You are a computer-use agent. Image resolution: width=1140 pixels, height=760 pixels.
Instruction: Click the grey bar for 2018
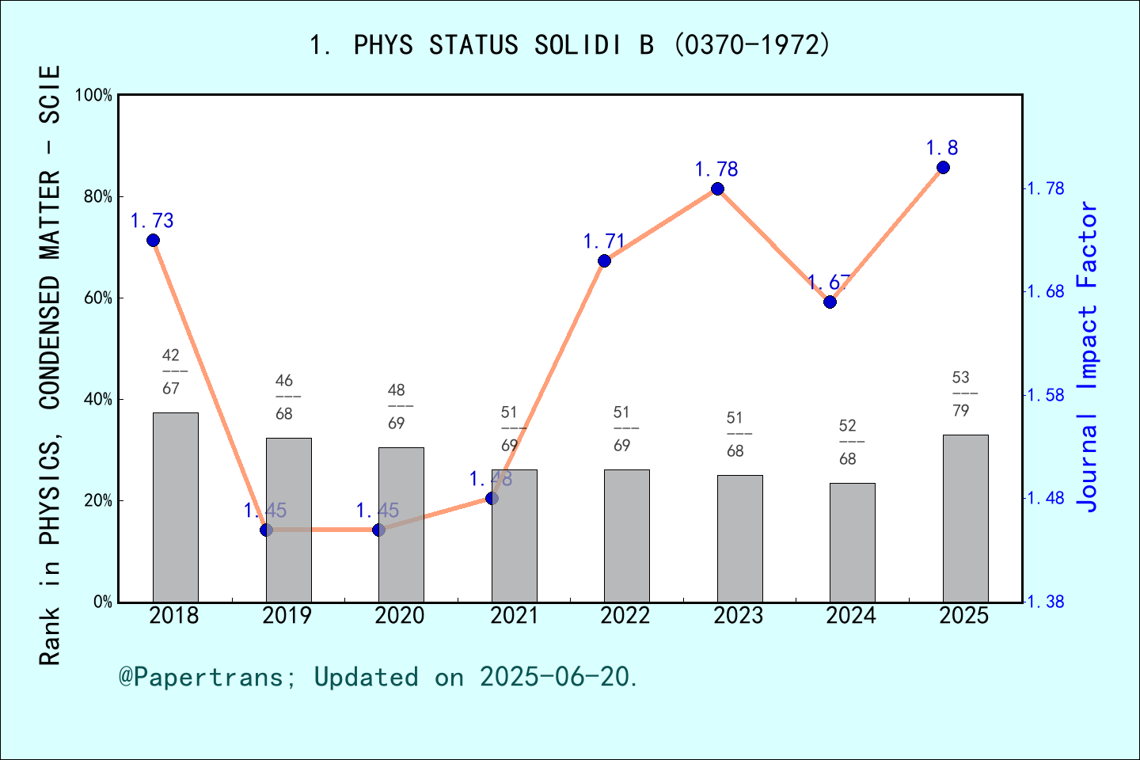(175, 507)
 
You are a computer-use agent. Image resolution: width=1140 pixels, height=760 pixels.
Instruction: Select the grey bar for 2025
(965, 518)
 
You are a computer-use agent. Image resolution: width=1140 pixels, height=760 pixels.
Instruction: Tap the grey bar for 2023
(739, 538)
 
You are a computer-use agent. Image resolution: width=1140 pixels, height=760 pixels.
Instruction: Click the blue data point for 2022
(604, 261)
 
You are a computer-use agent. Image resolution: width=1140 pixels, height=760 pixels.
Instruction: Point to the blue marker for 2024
(830, 302)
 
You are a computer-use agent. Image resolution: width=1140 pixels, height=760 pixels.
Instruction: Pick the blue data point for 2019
(266, 530)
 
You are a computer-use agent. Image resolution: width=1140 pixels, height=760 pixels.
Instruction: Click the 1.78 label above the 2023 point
(716, 169)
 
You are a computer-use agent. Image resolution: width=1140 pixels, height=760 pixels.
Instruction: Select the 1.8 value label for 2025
(942, 148)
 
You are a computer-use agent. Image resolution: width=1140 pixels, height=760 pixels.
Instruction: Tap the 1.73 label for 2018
(152, 221)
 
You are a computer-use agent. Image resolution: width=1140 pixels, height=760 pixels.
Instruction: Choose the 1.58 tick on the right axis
(1045, 395)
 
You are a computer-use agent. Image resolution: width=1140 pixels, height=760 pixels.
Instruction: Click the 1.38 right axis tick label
(1045, 602)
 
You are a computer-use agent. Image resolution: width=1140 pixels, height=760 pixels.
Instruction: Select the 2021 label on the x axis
(514, 616)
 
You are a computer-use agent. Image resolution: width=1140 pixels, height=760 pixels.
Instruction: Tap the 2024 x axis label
(851, 616)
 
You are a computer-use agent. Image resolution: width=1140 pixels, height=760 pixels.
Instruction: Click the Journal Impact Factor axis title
(1089, 356)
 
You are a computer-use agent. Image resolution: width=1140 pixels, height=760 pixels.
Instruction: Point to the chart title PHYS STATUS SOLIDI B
(570, 45)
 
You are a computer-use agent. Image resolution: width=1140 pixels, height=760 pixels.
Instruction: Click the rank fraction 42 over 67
(171, 371)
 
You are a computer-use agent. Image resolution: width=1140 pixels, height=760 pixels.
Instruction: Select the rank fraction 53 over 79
(961, 393)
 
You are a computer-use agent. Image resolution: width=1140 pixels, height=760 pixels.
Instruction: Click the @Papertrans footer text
(378, 677)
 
